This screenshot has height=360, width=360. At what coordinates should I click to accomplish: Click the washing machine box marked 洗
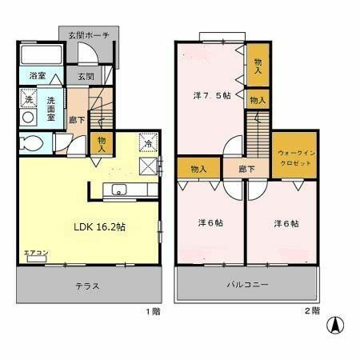coord(26,102)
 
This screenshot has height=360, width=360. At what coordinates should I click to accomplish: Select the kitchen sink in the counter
coord(118,190)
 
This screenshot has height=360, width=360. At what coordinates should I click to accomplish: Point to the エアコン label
coord(35,253)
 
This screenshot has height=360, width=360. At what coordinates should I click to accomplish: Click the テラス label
coord(87,286)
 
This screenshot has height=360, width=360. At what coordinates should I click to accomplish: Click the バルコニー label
coord(247,285)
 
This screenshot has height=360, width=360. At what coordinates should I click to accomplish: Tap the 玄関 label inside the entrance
coord(85,77)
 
